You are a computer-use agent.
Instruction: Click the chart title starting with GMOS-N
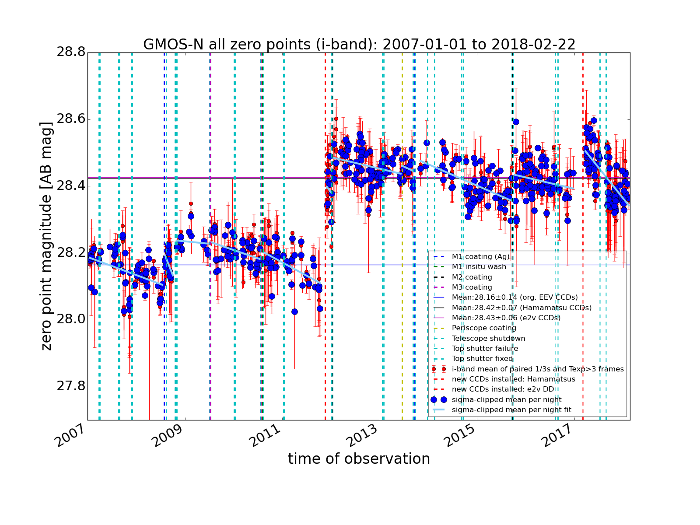(x=359, y=44)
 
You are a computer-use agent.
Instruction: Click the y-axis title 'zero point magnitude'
(x=46, y=236)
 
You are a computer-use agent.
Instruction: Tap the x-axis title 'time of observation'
(x=359, y=458)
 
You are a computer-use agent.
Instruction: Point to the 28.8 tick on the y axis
(x=71, y=52)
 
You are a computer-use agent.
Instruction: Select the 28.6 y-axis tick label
(x=71, y=119)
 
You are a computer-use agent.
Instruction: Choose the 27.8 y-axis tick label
(x=71, y=386)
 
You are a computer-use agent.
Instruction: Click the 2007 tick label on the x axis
(x=70, y=435)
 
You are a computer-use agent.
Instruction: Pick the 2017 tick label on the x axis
(x=556, y=435)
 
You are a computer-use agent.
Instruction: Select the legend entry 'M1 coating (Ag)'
(x=471, y=257)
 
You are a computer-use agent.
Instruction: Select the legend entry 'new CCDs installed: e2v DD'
(x=493, y=389)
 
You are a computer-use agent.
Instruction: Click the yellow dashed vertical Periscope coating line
(x=402, y=236)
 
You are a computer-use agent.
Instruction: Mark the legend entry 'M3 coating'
(x=462, y=287)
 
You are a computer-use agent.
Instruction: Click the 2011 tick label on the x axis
(x=264, y=435)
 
